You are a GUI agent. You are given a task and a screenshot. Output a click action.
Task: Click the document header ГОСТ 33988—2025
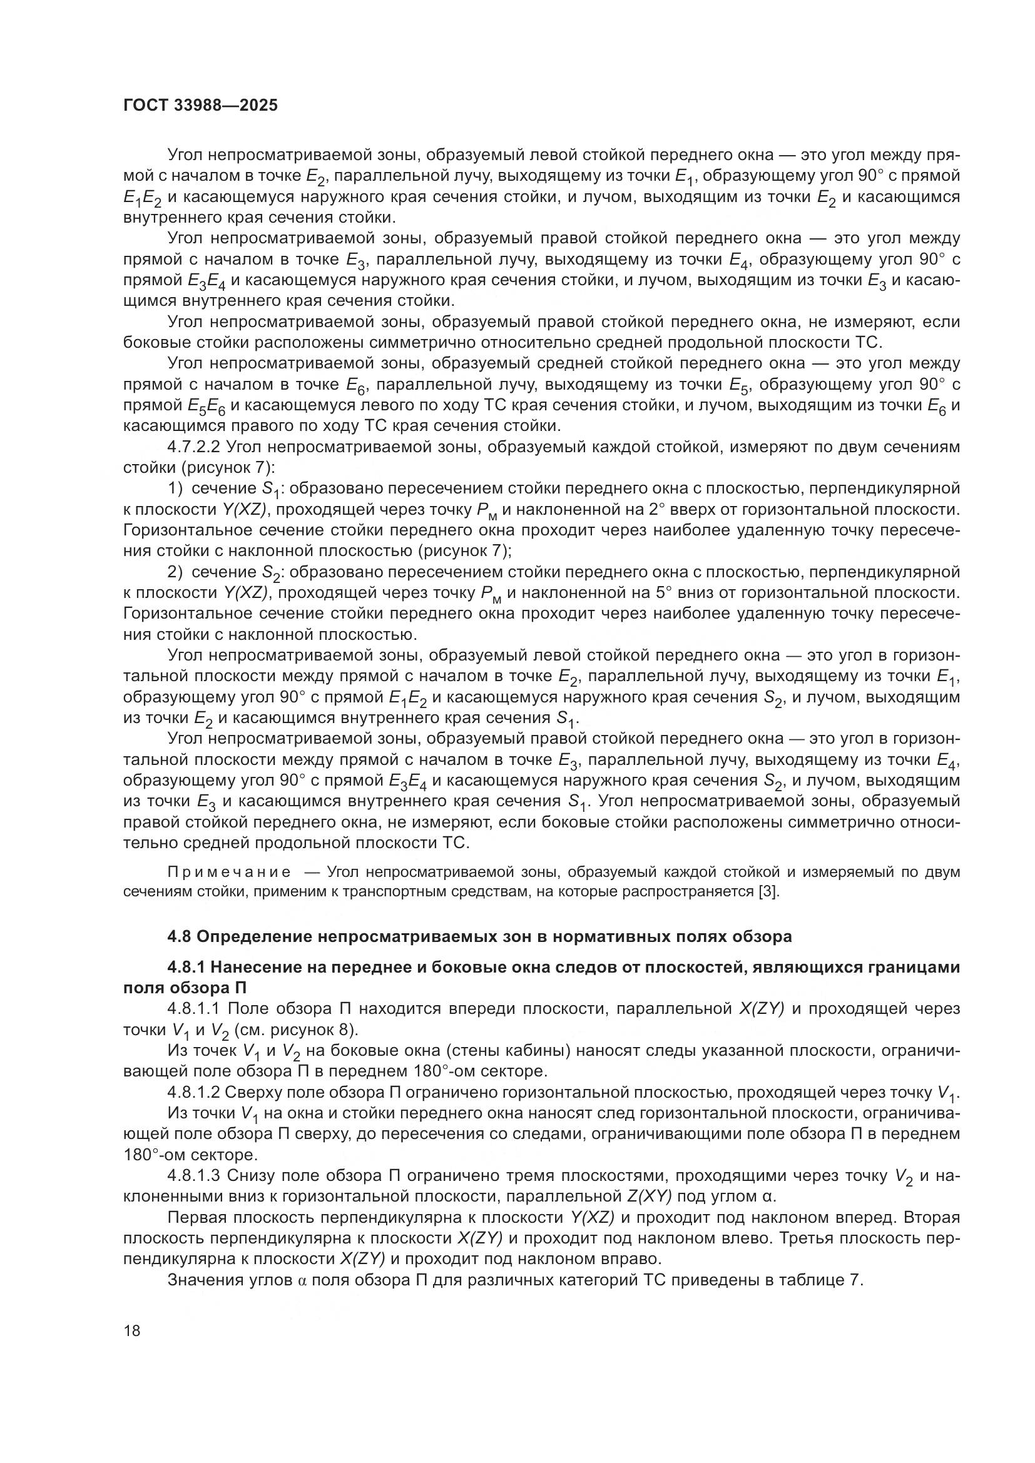click(200, 106)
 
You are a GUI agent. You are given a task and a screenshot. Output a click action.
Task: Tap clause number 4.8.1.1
click(194, 1009)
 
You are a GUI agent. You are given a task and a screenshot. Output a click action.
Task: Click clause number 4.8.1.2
click(194, 1092)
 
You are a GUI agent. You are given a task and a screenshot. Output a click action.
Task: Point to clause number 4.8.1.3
click(194, 1176)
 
